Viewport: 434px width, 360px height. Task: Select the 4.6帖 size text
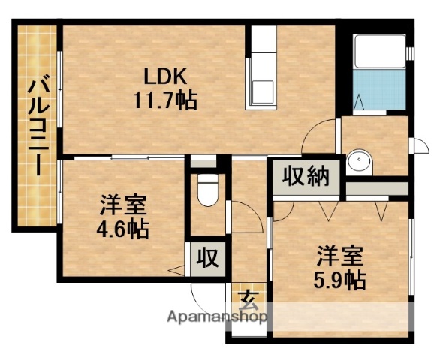(x=124, y=228)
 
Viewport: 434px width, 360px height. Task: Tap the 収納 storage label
(x=306, y=178)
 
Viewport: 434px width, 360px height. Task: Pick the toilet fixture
(x=207, y=191)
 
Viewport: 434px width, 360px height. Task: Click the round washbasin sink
(x=357, y=160)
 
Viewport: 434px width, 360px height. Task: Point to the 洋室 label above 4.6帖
(x=124, y=204)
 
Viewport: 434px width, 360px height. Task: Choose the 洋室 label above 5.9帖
(x=339, y=255)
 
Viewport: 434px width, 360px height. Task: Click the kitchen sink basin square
(x=263, y=91)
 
